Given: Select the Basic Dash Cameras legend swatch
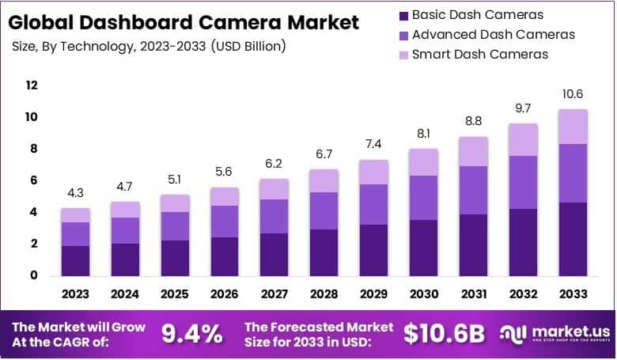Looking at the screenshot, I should [x=404, y=15].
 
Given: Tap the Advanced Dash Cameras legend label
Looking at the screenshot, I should [x=494, y=35].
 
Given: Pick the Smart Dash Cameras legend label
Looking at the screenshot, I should [x=480, y=55].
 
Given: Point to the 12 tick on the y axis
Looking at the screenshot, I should [x=32, y=85].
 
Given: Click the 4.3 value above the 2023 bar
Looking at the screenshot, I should [x=75, y=192].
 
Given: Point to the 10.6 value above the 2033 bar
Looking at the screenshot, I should [x=573, y=94].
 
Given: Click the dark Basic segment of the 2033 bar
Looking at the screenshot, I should [x=573, y=239].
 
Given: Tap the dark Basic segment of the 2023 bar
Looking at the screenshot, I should [x=75, y=260].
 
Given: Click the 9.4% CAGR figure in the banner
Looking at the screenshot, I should [x=191, y=334].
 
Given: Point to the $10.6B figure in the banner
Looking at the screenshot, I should [x=444, y=334].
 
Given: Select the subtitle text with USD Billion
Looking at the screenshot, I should [x=150, y=47].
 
